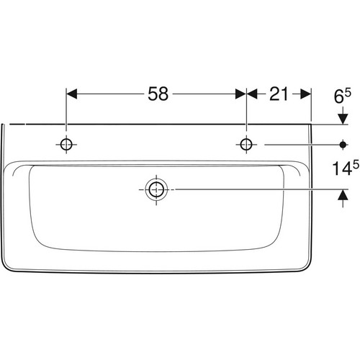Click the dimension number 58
click(158, 94)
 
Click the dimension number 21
click(279, 94)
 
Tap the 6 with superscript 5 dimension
click(343, 96)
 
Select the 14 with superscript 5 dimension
click(346, 168)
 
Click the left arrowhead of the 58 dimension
click(71, 94)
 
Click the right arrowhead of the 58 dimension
click(240, 94)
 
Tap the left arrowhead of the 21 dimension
click(252, 94)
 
